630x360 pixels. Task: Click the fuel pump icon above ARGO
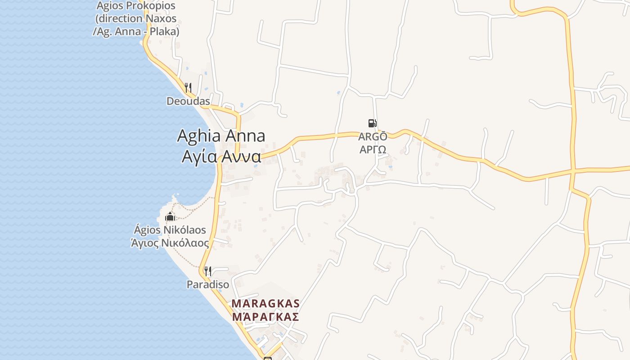372,123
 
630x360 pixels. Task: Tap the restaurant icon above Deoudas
188,87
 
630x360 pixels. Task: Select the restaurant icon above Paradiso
207,271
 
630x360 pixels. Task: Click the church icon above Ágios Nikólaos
170,217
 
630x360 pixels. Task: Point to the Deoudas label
188,101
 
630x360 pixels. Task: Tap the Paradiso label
208,285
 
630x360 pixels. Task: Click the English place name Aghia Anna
221,135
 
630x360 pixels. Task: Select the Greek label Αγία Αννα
221,156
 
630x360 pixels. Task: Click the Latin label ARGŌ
373,136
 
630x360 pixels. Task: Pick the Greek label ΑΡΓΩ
373,149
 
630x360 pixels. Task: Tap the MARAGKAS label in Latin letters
265,304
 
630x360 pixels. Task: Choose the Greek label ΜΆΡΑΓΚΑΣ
265,317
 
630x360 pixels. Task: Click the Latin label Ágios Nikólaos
170,230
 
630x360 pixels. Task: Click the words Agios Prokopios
136,6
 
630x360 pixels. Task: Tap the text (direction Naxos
136,19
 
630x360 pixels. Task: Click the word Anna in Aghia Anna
245,135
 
